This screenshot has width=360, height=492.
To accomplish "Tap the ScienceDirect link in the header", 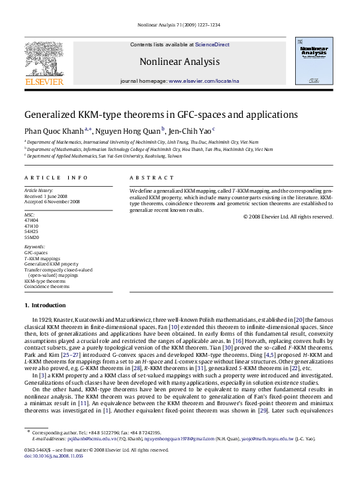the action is (x=212, y=44).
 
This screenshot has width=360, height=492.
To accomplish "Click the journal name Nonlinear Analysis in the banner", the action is (x=179, y=62).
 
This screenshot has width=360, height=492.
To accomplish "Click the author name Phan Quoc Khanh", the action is (x=54, y=130).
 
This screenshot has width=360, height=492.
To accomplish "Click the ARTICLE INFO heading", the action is (x=56, y=177).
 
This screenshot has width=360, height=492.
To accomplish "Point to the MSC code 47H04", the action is (x=32, y=221).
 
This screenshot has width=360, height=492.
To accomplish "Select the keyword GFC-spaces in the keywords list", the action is (x=36, y=253).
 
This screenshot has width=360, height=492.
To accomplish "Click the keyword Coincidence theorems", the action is (x=46, y=286).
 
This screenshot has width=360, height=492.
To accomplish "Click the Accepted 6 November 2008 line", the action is (x=52, y=201).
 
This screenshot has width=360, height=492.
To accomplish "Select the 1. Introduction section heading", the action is (x=45, y=305).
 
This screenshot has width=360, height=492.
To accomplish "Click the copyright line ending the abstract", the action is (x=288, y=216).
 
